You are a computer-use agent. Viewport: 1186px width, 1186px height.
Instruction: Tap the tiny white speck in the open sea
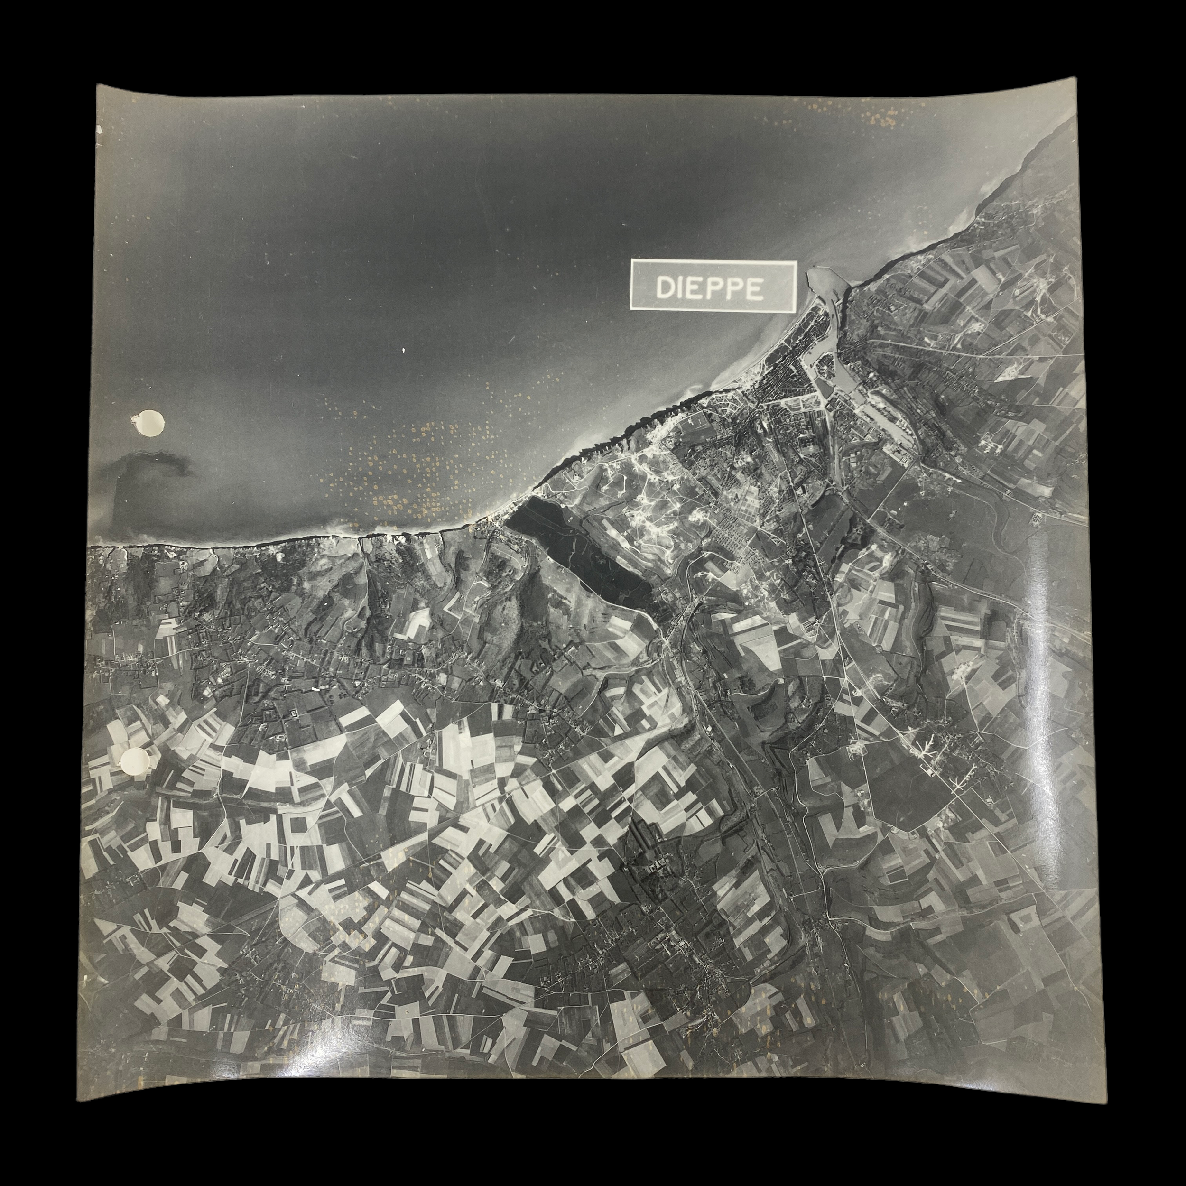pos(403,351)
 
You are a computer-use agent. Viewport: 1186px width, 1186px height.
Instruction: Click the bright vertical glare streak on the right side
pos(1038,614)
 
